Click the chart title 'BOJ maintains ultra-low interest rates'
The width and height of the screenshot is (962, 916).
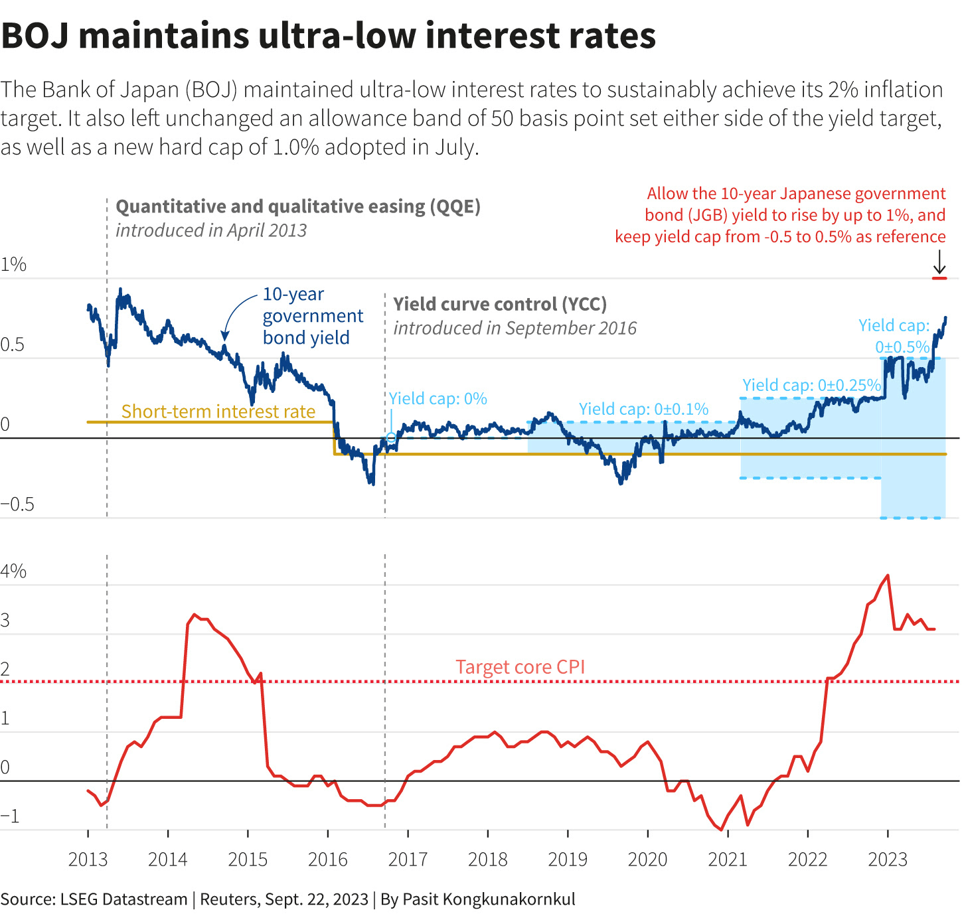coord(329,36)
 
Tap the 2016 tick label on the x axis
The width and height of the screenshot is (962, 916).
coord(328,860)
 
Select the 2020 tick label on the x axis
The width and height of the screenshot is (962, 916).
coord(647,860)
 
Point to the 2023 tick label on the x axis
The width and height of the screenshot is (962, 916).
coord(888,860)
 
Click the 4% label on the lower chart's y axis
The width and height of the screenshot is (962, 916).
coord(13,572)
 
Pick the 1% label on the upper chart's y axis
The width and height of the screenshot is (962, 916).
coord(13,265)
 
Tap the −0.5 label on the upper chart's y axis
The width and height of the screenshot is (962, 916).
coord(17,504)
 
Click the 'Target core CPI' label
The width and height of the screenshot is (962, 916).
coord(521,667)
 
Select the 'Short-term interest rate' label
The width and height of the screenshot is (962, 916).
coord(218,412)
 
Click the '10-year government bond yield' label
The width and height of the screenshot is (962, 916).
coord(312,316)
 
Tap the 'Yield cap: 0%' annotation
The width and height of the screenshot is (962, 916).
coord(438,399)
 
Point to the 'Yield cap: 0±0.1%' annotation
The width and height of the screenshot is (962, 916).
coord(643,409)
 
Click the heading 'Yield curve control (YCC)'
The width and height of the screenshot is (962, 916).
coord(500,304)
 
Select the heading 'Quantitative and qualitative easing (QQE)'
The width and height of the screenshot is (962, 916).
coord(298,206)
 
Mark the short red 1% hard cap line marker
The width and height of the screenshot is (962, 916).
coord(939,278)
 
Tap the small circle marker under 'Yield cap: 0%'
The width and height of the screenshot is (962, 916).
coord(391,437)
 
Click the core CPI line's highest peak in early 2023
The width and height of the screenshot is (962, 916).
coord(888,575)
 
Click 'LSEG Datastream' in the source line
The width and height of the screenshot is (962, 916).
coord(123,899)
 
